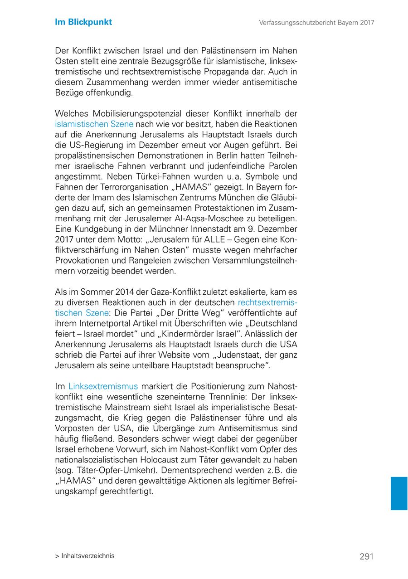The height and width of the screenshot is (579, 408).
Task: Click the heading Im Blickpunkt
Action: [x=83, y=22]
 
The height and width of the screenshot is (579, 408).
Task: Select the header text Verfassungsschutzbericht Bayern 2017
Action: [x=316, y=22]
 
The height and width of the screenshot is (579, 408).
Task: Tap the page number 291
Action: [x=366, y=556]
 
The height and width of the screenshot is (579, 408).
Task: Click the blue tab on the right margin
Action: [x=399, y=493]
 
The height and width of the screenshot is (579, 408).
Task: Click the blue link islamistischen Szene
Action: [x=94, y=124]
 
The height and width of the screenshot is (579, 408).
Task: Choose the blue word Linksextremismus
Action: [x=103, y=386]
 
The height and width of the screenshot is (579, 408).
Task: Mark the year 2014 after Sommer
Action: [x=125, y=292]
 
